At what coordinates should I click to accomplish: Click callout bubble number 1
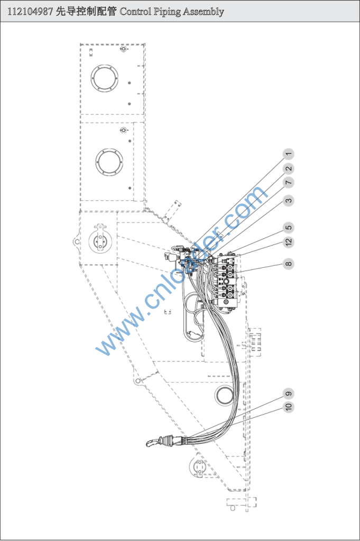coord(288,154)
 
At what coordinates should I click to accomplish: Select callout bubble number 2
coord(288,169)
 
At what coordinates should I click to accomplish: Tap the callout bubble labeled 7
coord(288,182)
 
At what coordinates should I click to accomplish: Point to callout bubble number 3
coord(288,200)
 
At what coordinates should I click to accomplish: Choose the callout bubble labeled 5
coord(288,228)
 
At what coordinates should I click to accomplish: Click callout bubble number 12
coord(288,242)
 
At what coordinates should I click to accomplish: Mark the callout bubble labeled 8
coord(288,263)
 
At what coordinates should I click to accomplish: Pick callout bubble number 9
coord(288,393)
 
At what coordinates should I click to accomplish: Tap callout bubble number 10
coord(288,407)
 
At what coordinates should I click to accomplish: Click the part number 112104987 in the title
coord(30,11)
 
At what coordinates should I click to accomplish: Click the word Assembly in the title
coord(204,11)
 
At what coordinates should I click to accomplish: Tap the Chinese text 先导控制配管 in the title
coord(86,11)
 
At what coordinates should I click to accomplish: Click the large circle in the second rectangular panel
coord(110,161)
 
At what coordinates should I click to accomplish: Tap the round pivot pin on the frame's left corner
coord(99,240)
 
